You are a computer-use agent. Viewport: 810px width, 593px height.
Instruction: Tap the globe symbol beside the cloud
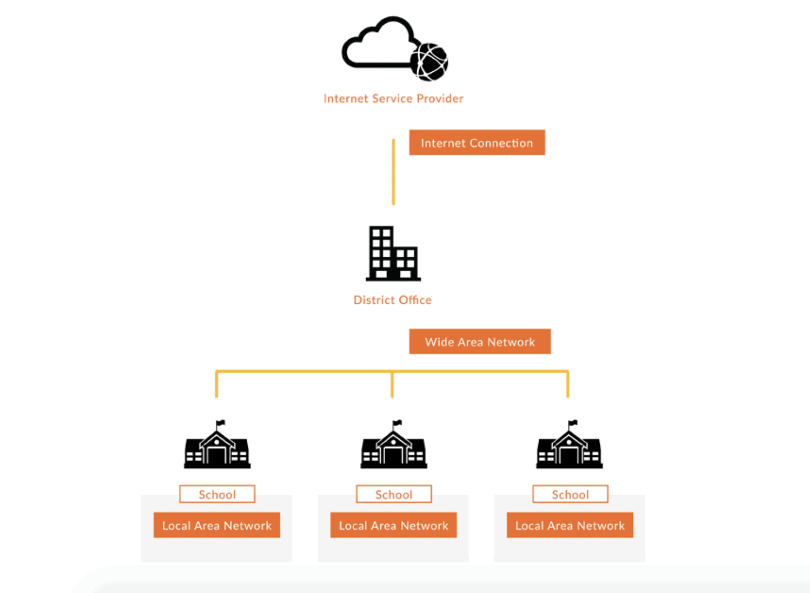coord(429,62)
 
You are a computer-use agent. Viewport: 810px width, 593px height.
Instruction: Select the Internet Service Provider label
coord(393,98)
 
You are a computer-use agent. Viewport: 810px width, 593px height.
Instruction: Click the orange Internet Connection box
coord(477,142)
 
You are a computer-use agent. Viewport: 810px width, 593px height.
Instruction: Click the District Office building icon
coord(392,254)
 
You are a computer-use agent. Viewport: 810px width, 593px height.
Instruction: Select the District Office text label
coord(392,300)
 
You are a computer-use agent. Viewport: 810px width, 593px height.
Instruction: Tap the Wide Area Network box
coord(479,342)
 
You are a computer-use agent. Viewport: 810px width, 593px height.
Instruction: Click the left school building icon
coord(217,448)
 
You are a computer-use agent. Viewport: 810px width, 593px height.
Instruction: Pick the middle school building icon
coord(393,448)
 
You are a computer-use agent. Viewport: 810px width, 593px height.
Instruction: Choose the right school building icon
coord(570,448)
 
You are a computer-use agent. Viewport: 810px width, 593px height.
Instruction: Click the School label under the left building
coord(217,494)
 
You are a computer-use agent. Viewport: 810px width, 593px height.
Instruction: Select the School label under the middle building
coord(393,494)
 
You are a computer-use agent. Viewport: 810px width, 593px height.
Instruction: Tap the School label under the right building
coord(570,494)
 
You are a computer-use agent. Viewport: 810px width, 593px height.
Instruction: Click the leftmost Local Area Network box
coord(216,525)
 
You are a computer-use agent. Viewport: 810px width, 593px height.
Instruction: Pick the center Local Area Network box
coord(393,525)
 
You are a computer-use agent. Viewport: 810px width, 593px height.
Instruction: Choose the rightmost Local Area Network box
coord(570,525)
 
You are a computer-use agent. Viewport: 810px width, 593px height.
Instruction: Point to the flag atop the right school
coord(573,423)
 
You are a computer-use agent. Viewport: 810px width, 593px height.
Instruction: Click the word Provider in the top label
coord(440,98)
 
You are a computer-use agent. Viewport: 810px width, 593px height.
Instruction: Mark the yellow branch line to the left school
coord(216,385)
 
